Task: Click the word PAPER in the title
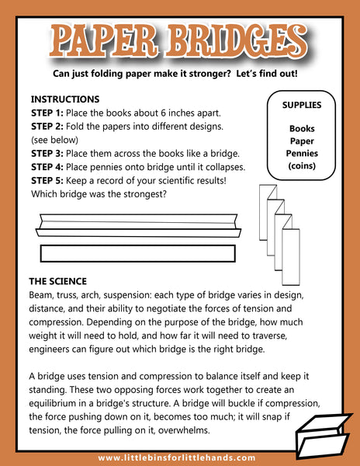[103, 41]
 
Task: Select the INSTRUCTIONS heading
[65, 99]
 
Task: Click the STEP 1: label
[47, 113]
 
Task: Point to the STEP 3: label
[47, 154]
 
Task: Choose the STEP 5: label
[47, 181]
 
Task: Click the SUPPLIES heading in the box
[302, 105]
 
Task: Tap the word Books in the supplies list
[302, 129]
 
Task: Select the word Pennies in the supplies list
[302, 153]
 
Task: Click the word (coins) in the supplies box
[302, 166]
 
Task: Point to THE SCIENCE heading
[58, 281]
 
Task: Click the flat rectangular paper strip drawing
[138, 253]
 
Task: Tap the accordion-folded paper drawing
[279, 235]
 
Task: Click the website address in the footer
[177, 458]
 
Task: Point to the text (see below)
[54, 140]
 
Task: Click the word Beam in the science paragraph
[40, 295]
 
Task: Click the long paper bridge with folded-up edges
[138, 225]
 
